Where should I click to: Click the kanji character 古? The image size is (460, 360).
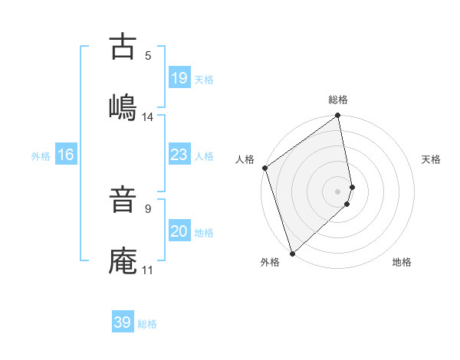[123, 47]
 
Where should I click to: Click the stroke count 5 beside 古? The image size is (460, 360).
[148, 55]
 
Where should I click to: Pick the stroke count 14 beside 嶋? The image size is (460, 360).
[148, 117]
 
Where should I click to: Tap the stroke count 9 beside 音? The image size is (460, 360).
[148, 208]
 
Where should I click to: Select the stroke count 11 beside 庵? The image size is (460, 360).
[148, 270]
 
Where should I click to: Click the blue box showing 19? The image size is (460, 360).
[179, 78]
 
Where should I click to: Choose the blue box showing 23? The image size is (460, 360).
[179, 155]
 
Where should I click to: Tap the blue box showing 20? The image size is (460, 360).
[179, 231]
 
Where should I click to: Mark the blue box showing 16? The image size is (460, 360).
[66, 155]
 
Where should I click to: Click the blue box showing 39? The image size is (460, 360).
[123, 322]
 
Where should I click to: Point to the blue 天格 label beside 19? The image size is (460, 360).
[204, 80]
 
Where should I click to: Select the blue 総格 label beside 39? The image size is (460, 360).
[147, 324]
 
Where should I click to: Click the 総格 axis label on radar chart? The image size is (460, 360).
[338, 100]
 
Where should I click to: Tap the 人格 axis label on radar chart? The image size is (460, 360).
[245, 159]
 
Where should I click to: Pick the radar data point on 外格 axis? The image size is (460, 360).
[291, 253]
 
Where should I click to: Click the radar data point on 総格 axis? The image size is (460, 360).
[338, 116]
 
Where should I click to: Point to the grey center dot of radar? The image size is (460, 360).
[338, 191]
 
